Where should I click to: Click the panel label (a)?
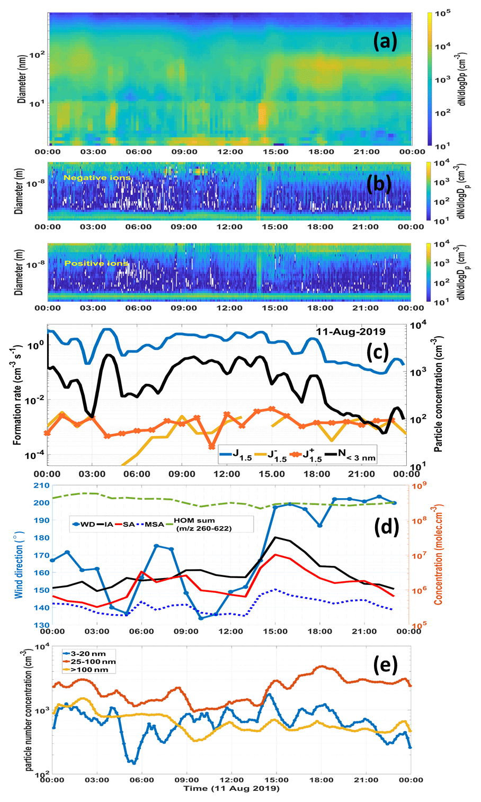[385, 41]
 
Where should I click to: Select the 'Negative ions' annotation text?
[97, 178]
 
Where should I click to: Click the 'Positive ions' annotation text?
[96, 263]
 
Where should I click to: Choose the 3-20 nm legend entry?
[90, 654]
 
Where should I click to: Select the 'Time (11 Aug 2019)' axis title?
[231, 789]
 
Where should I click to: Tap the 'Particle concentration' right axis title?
[439, 395]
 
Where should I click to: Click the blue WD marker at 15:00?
[275, 507]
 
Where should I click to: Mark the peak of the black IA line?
[275, 537]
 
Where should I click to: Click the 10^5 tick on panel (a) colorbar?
[442, 14]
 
